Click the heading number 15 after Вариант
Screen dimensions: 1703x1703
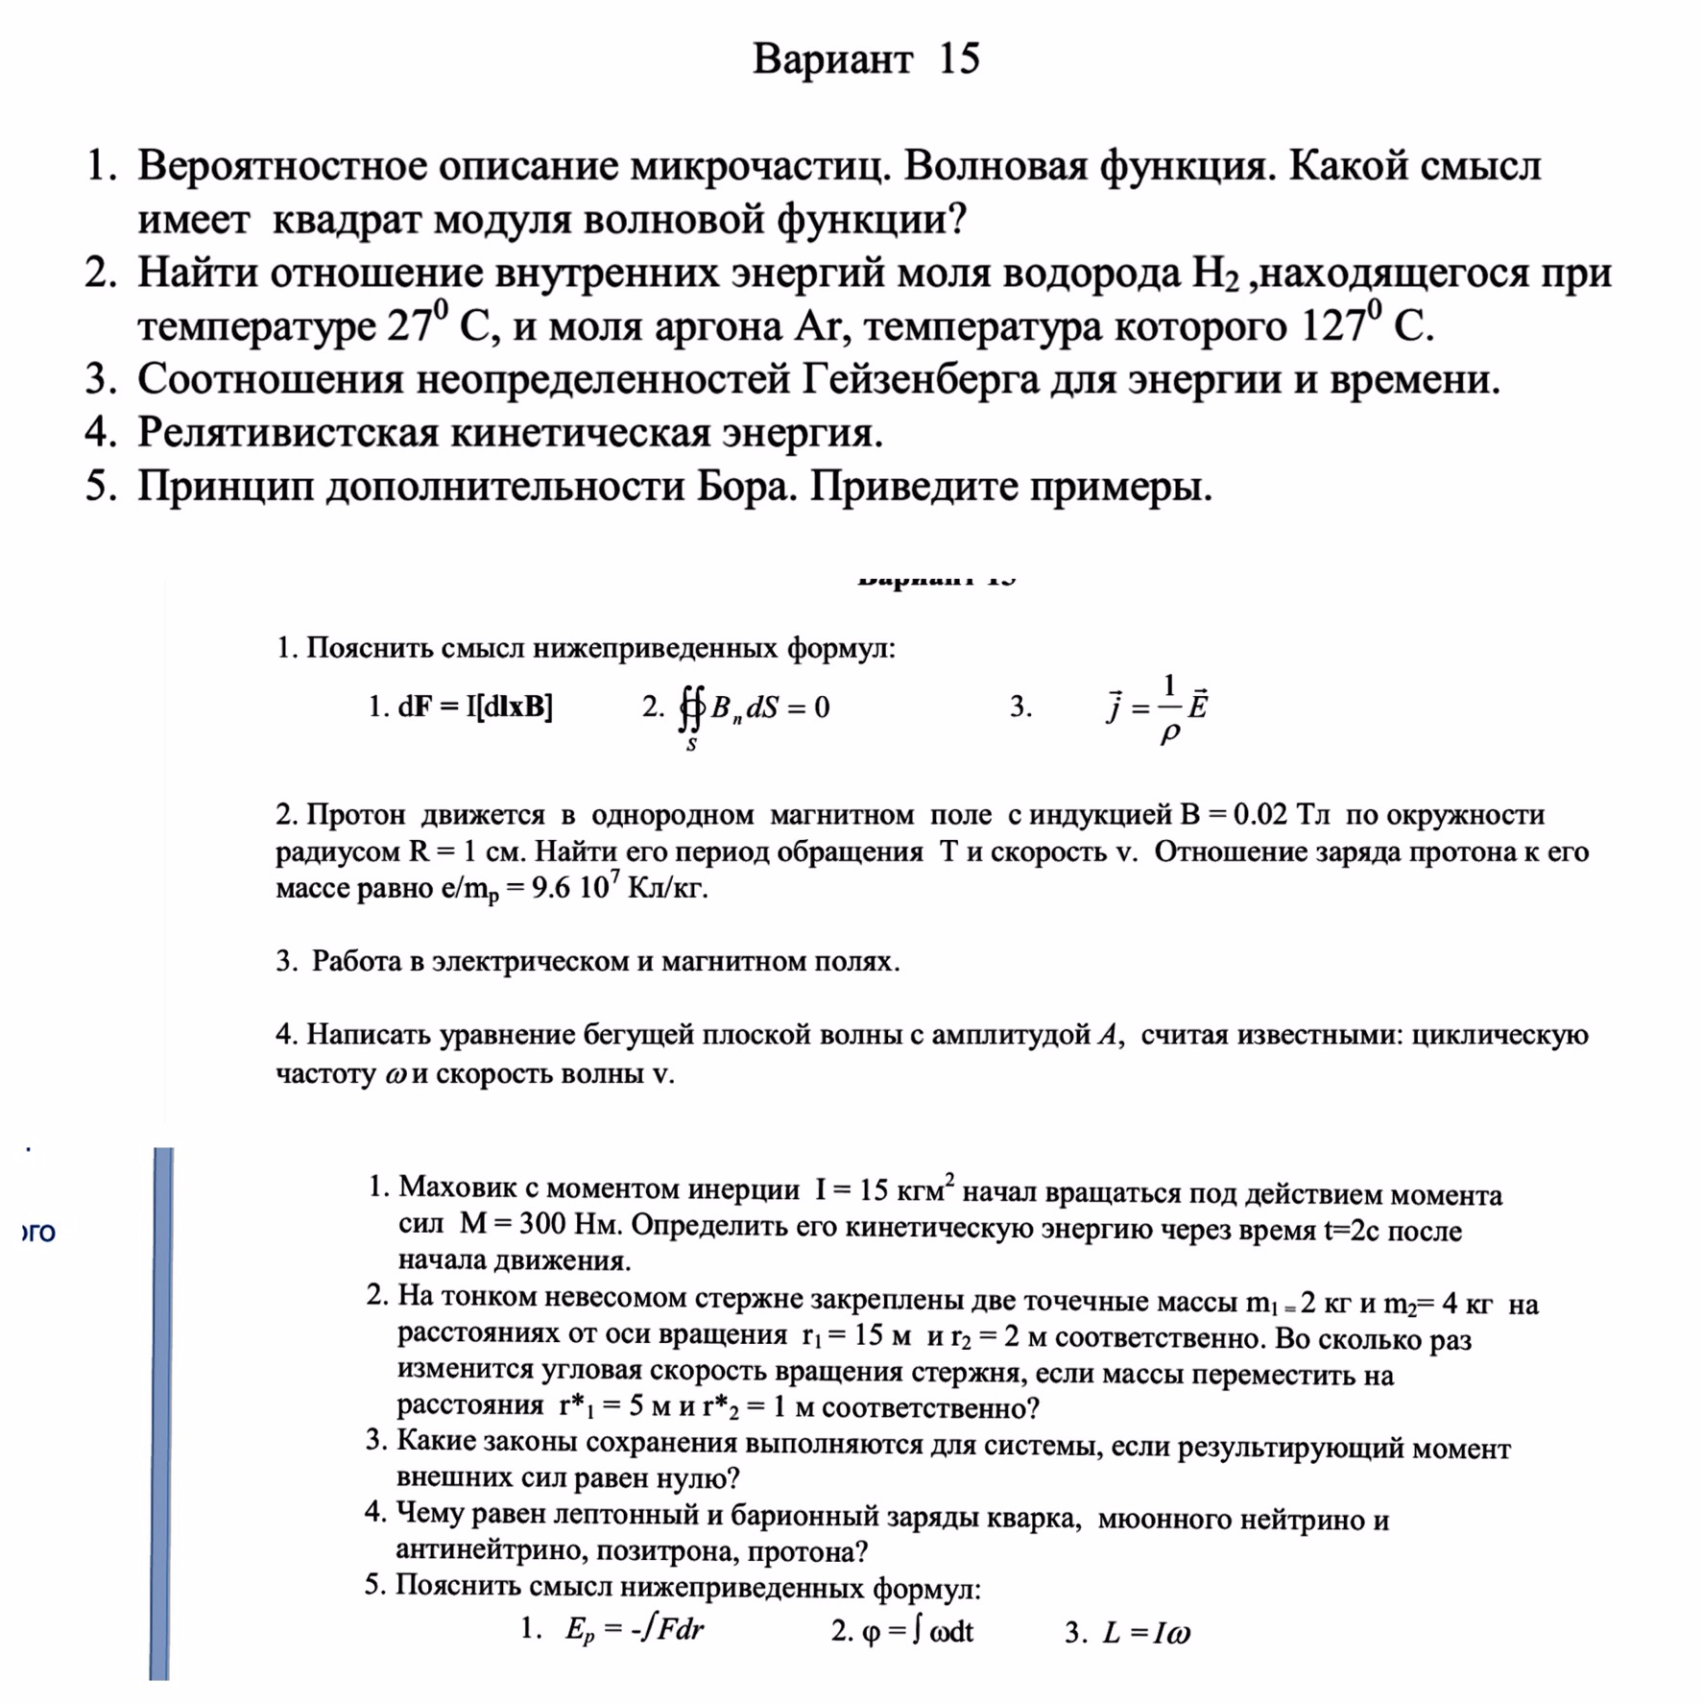coord(958,59)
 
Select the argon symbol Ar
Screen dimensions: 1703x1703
coord(816,327)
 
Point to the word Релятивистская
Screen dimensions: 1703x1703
coord(287,433)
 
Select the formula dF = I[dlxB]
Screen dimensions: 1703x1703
coord(474,707)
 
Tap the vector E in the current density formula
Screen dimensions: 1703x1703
coord(1197,705)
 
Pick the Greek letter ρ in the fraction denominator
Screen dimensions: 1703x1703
coord(1169,733)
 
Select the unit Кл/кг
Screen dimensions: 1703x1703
coord(667,888)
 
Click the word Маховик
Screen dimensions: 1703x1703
coord(459,1188)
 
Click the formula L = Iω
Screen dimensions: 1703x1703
coord(1146,1632)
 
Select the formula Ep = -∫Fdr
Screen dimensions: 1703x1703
coord(634,1629)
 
